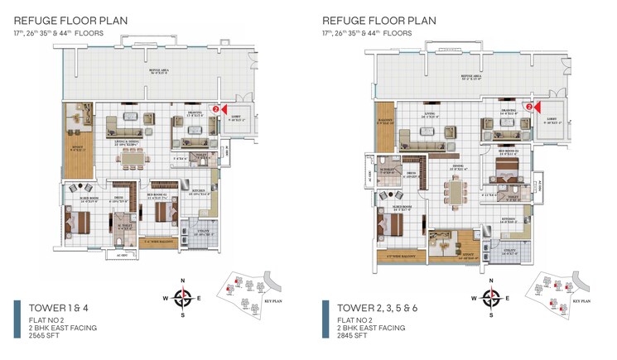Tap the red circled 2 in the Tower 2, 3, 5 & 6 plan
click(x=528, y=106)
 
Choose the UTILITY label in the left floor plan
click(x=203, y=233)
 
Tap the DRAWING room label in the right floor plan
click(x=508, y=109)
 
